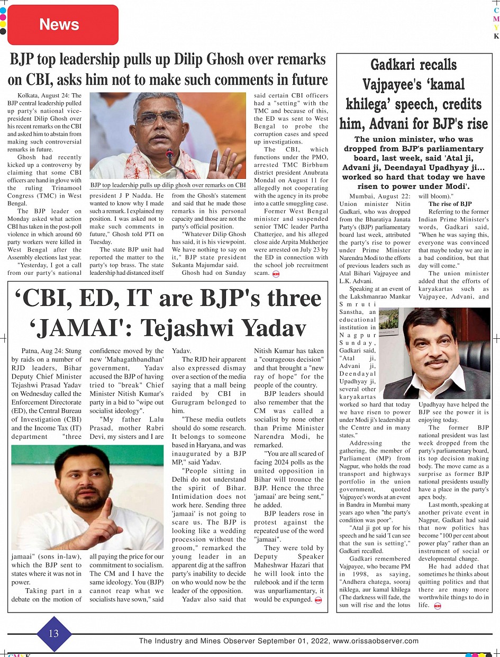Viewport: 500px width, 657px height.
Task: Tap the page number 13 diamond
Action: pyautogui.click(x=53, y=634)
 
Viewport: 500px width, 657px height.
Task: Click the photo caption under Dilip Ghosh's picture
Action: pyautogui.click(x=168, y=185)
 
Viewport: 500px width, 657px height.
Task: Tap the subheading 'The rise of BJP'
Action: pyautogui.click(x=450, y=204)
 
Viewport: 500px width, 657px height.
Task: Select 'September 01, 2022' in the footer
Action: pyautogui.click(x=294, y=641)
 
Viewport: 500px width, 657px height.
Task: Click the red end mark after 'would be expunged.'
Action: pyautogui.click(x=318, y=600)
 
